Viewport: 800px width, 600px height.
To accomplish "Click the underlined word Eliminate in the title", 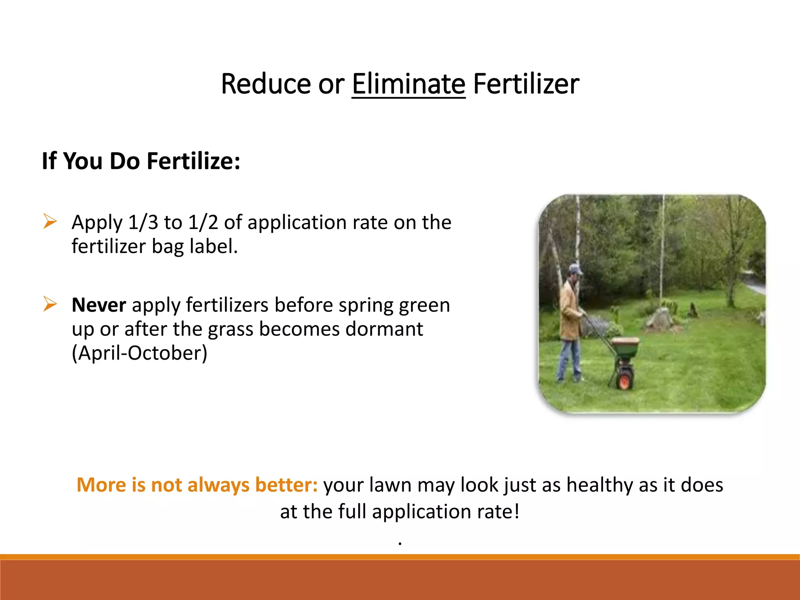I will click(x=408, y=84).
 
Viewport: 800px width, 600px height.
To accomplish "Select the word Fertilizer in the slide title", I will click(x=526, y=84).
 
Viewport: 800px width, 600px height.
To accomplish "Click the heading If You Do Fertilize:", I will click(x=141, y=161).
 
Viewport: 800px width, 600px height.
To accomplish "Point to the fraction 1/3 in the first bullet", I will click(x=143, y=222).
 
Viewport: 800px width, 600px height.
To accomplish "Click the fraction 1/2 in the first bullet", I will click(x=203, y=222).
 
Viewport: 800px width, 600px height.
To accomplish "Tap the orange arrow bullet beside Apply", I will click(x=50, y=221).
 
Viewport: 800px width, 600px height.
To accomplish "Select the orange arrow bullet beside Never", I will click(x=50, y=304).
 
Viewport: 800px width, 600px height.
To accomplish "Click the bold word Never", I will click(x=99, y=305).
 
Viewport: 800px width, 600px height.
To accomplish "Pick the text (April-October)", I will click(x=139, y=353).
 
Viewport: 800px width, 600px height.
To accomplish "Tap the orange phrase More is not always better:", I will click(x=197, y=485).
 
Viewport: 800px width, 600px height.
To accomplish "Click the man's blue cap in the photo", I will click(x=575, y=269).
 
